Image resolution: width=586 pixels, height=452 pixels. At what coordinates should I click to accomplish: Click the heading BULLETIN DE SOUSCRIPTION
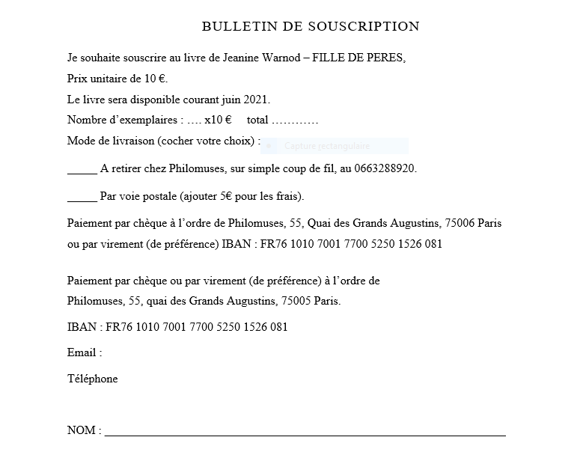pyautogui.click(x=311, y=27)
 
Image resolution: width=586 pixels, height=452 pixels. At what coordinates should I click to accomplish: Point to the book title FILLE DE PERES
pyautogui.click(x=358, y=58)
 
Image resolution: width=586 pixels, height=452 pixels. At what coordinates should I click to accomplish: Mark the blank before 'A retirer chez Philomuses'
pyautogui.click(x=82, y=170)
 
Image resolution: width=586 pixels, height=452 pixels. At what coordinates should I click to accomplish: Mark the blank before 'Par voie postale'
pyautogui.click(x=82, y=198)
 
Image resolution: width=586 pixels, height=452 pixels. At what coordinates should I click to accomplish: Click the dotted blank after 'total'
pyautogui.click(x=295, y=120)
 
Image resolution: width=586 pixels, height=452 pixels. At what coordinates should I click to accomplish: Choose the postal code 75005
pyautogui.click(x=296, y=302)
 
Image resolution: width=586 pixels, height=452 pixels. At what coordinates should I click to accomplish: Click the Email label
pyautogui.click(x=85, y=352)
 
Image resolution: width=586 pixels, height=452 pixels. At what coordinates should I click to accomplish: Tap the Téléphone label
pyautogui.click(x=93, y=379)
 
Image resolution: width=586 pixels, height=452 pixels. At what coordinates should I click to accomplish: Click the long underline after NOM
pyautogui.click(x=305, y=433)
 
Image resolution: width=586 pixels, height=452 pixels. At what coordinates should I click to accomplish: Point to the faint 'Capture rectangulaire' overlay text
pyautogui.click(x=327, y=146)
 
